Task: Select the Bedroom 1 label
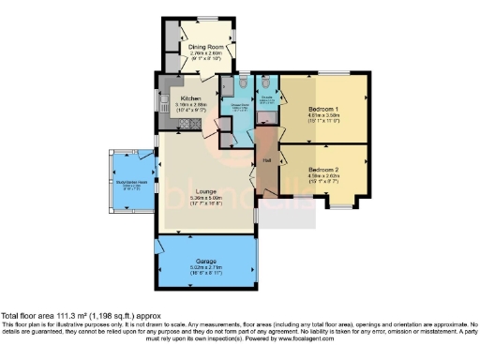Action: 322,109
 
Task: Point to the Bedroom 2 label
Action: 322,170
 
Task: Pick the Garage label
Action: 207,259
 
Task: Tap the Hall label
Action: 266,161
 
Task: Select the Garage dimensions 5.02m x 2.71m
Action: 207,266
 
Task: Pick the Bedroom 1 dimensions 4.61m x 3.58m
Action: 322,116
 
